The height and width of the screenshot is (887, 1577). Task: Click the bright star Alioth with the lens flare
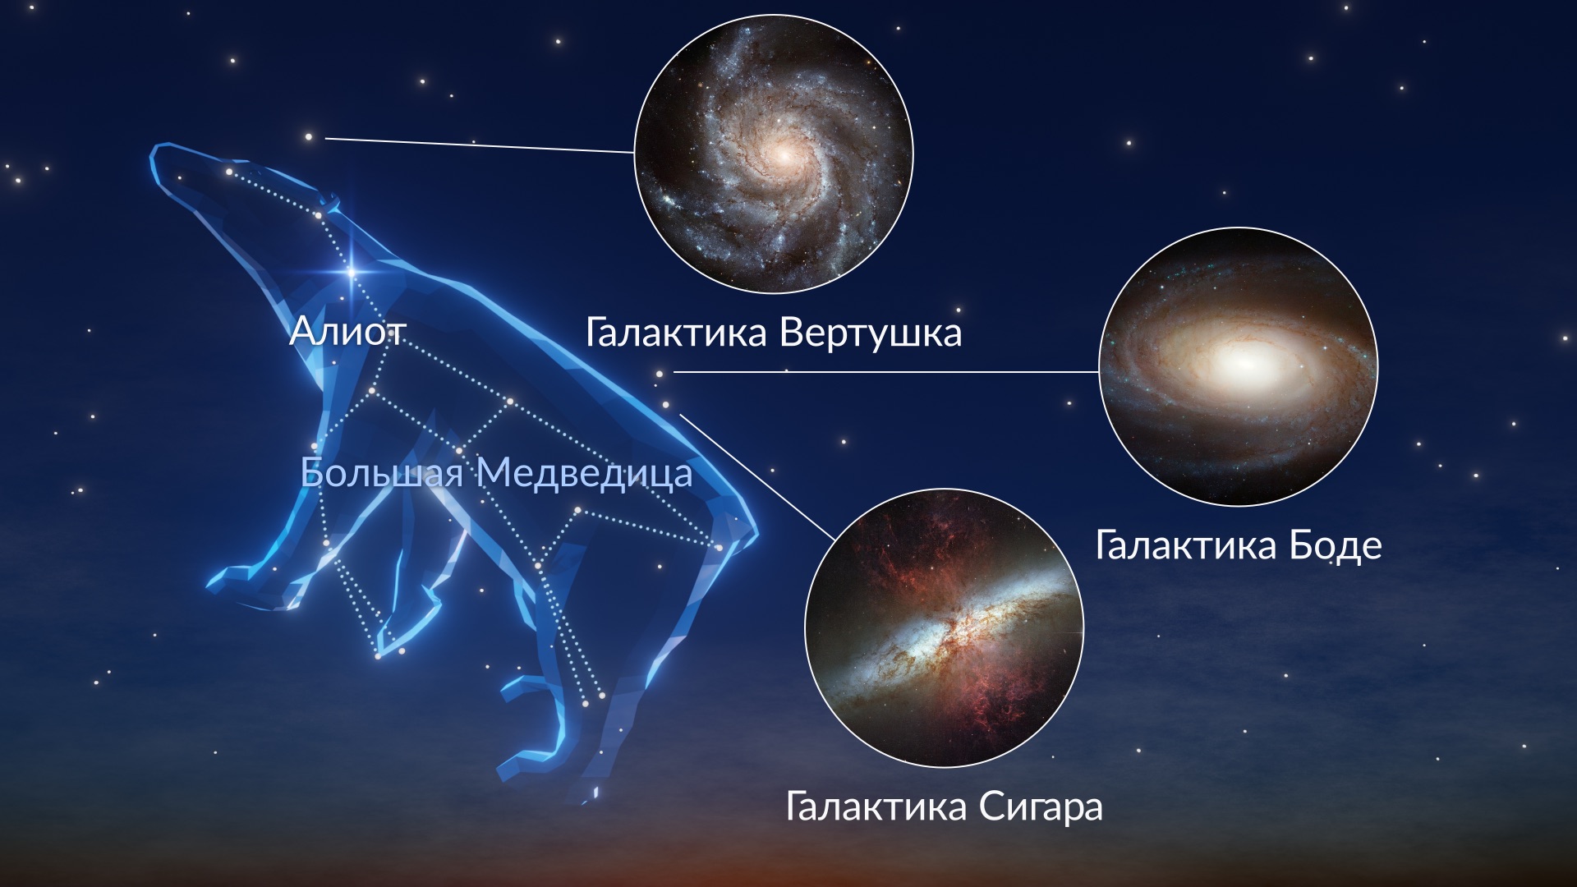coord(352,271)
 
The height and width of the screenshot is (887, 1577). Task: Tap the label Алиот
coord(347,332)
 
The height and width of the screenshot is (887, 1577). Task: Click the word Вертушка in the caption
coord(870,333)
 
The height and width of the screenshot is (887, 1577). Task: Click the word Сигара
coord(1040,806)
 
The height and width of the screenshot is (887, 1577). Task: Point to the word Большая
coord(382,472)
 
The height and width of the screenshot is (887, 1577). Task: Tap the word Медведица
coord(585,473)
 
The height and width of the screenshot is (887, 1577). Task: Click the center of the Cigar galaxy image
coord(945,628)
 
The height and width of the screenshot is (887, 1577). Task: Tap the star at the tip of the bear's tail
coord(719,547)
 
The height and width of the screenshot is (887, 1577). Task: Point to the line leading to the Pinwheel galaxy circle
coord(480,145)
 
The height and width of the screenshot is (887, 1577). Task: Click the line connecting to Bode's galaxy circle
coord(886,371)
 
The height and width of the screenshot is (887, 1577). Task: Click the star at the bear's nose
coord(229,172)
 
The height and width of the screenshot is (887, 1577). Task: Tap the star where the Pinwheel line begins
coord(309,137)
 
